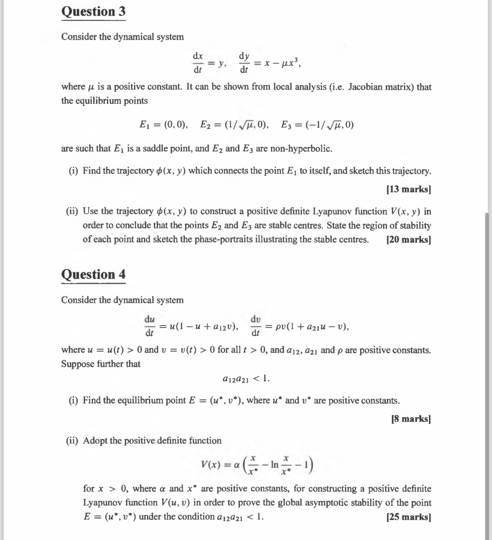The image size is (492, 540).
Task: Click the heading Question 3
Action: [x=93, y=11]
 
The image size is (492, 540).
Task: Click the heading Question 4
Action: [x=93, y=275]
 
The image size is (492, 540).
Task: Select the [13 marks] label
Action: [x=408, y=189]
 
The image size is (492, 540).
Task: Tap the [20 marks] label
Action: [x=408, y=239]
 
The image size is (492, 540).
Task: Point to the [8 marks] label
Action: [x=411, y=419]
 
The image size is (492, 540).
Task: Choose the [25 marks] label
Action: [x=408, y=517]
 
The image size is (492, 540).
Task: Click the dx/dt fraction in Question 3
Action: [x=198, y=63]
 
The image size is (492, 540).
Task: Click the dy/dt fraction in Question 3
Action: [x=244, y=63]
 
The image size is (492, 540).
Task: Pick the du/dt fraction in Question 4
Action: [x=150, y=326]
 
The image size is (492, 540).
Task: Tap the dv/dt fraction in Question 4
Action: [x=256, y=326]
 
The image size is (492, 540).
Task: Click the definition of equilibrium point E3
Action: [x=317, y=125]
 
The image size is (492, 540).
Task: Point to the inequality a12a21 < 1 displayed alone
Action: [x=246, y=379]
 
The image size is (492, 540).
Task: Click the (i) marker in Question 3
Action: [x=73, y=171]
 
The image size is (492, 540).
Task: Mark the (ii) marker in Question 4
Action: [x=72, y=441]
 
